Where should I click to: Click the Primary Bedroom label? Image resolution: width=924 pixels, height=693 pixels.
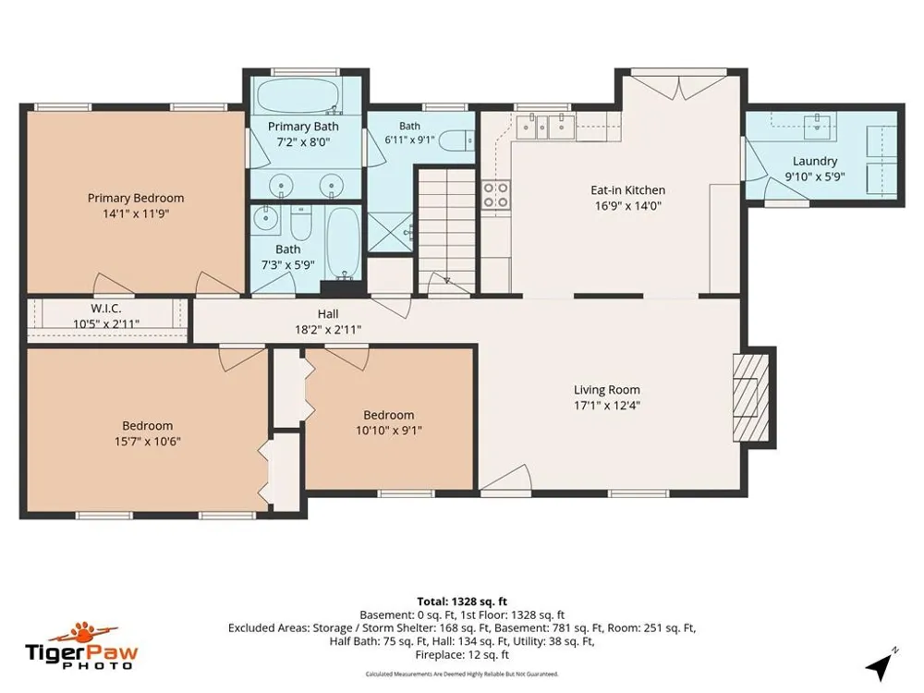tap(136, 198)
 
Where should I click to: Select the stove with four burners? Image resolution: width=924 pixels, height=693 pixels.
tap(496, 195)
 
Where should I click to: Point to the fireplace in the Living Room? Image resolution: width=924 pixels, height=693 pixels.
tap(750, 397)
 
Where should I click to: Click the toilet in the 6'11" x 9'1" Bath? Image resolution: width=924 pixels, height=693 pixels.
tap(457, 140)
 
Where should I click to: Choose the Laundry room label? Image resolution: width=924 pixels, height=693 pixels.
tap(814, 161)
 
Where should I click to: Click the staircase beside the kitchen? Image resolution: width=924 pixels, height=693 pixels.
tap(446, 230)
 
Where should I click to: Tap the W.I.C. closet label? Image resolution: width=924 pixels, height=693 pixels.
tap(106, 309)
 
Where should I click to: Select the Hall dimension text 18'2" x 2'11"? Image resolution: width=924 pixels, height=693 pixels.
tap(328, 330)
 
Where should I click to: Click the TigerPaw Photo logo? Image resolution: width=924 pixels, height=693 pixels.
tap(81, 647)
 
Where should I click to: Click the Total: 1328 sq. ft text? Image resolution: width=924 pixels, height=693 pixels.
tap(462, 602)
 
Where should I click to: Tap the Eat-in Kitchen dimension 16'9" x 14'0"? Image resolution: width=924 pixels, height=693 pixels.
tap(628, 206)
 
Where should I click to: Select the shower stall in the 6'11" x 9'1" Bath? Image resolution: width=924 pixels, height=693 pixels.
tap(390, 233)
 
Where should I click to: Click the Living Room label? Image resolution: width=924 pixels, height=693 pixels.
tap(607, 390)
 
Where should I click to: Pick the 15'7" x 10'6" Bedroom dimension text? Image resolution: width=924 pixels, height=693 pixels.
tap(147, 441)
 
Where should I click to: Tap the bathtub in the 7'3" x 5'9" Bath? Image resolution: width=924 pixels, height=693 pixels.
tap(343, 243)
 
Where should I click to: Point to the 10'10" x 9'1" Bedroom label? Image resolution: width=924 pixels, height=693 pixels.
tap(388, 415)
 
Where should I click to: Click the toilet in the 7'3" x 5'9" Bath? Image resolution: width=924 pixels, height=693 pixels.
tap(301, 220)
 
